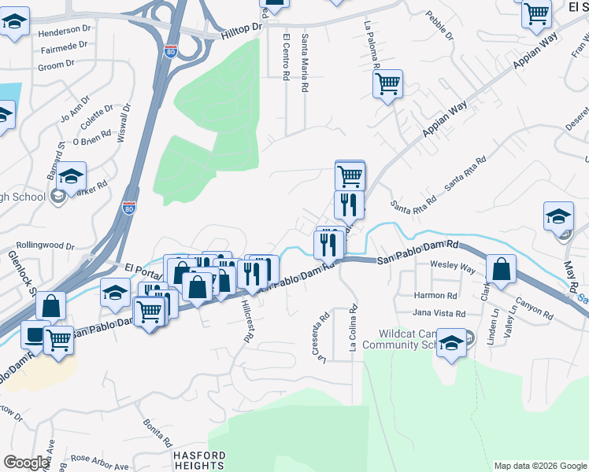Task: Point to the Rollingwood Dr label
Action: [x=44, y=245]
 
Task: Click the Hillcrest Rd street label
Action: [x=247, y=319]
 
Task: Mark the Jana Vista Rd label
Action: [x=439, y=313]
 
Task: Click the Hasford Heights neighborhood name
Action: [x=200, y=460]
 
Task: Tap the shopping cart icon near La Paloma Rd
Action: [x=387, y=83]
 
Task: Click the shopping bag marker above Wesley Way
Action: [x=501, y=269]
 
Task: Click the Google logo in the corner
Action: [x=26, y=463]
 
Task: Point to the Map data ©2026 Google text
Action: [x=540, y=466]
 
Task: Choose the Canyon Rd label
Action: [x=535, y=308]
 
